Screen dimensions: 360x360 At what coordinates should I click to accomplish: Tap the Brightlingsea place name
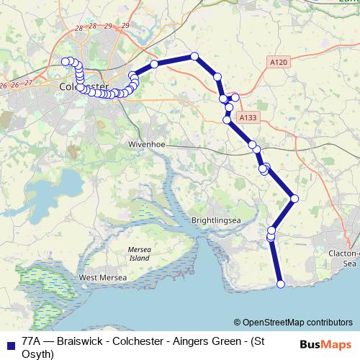click(x=214, y=220)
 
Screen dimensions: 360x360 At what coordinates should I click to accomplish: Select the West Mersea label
click(x=102, y=277)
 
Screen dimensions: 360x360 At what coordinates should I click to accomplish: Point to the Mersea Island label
click(x=139, y=253)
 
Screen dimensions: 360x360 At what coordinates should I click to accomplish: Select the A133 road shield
click(x=247, y=117)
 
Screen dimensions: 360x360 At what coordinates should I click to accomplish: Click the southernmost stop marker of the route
click(x=281, y=284)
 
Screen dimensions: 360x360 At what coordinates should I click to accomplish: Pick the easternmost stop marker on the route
click(x=294, y=198)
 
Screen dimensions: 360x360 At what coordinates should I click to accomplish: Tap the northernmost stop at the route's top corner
click(x=194, y=56)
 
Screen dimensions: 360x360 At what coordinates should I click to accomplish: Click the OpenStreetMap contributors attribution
click(x=293, y=322)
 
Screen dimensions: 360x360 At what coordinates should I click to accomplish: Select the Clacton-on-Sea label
click(x=343, y=258)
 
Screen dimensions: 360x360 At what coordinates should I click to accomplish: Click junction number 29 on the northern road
click(x=126, y=26)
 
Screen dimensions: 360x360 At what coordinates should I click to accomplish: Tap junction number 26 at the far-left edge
click(x=4, y=86)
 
